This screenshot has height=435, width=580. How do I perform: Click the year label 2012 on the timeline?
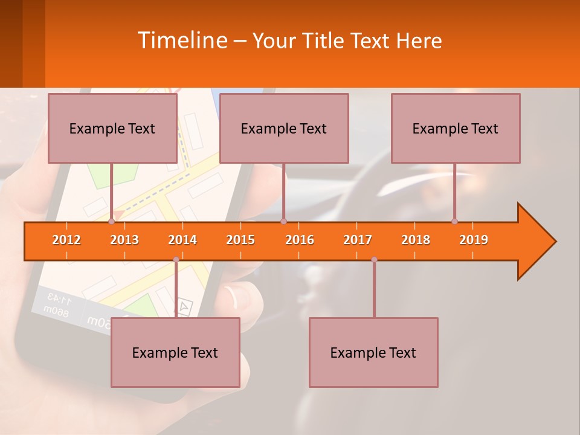66,240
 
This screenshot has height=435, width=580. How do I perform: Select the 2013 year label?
124,240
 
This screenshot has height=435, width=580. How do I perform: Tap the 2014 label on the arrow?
182,240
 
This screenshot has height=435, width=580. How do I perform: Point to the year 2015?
240,240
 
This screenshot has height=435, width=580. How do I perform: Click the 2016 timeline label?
300,240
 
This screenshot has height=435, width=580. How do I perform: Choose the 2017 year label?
358,240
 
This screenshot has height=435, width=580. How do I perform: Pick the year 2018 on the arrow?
416,240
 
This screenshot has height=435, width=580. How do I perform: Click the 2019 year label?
474,240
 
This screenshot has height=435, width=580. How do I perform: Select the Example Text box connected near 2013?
112,128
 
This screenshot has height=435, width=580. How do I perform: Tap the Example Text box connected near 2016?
284,128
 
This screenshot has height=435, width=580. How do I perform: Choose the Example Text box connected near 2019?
456,128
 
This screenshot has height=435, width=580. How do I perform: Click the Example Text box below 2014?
175,352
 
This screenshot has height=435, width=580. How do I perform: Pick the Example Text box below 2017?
373,352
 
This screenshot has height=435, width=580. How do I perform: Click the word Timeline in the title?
181,40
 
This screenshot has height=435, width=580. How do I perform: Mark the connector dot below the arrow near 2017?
374,260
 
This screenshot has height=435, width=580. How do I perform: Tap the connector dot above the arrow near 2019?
455,221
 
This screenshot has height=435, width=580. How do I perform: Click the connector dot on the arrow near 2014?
176,260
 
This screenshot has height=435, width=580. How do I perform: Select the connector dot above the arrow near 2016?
283,221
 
